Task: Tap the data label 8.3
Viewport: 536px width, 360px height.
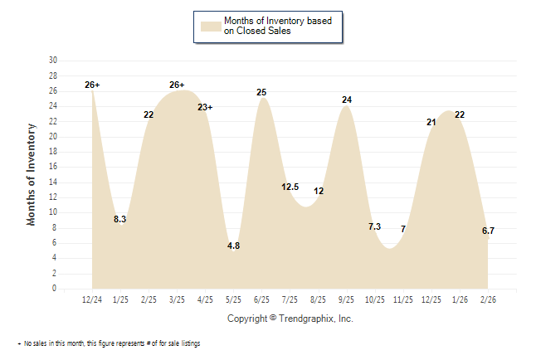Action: [x=119, y=220]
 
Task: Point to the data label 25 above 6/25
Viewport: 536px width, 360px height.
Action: [x=261, y=92]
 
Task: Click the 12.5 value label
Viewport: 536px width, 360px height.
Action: [x=290, y=187]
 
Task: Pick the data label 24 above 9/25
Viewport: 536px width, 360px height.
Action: [x=347, y=100]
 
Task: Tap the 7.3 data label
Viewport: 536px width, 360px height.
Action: [x=374, y=226]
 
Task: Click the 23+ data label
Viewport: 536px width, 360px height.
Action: [x=205, y=108]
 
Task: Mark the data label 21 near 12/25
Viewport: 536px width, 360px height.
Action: [x=431, y=123]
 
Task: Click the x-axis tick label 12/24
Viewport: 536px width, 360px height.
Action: [x=92, y=299]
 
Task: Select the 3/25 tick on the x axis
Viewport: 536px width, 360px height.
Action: [x=177, y=299]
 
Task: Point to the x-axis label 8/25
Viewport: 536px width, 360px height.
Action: [x=318, y=299]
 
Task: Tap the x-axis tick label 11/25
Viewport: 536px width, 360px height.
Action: [x=402, y=299]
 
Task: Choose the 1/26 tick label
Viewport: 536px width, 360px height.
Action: [x=459, y=299]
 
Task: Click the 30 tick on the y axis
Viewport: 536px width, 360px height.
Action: [x=53, y=61]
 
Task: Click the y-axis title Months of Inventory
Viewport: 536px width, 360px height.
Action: [x=32, y=174]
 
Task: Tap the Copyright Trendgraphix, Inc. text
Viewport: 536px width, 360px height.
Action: [x=290, y=318]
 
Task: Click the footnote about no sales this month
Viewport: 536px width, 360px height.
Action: [x=108, y=343]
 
